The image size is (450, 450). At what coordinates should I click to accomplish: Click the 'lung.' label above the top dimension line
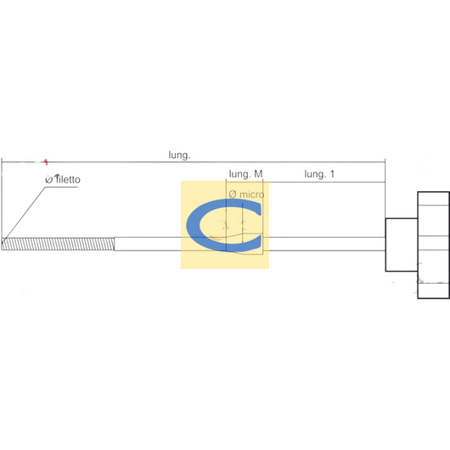[179, 155]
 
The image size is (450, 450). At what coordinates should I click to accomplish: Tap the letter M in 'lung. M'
[258, 173]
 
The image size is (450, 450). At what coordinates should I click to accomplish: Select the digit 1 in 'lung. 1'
[332, 173]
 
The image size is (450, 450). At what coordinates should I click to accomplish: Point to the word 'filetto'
[68, 180]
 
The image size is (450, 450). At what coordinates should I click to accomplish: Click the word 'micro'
[251, 194]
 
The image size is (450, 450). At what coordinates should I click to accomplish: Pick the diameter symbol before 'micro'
[233, 194]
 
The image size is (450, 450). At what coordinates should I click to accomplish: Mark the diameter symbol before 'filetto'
[48, 180]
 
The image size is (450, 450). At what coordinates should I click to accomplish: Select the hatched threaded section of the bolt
[58, 244]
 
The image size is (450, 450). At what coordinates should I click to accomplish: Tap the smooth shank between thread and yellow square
[148, 244]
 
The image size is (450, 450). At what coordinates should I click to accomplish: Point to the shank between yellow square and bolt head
[327, 244]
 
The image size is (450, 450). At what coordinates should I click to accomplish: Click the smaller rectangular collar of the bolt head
[402, 245]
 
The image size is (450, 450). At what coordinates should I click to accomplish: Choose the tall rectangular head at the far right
[433, 245]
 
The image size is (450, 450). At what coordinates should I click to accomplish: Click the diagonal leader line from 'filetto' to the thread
[24, 216]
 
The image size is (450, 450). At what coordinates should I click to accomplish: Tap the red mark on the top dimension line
[46, 162]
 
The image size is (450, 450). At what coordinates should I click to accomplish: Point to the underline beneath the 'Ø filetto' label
[61, 187]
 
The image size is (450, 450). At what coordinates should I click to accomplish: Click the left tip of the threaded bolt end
[2, 244]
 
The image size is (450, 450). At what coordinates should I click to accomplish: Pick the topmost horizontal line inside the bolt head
[433, 205]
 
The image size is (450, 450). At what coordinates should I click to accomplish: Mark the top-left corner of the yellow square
[181, 181]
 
